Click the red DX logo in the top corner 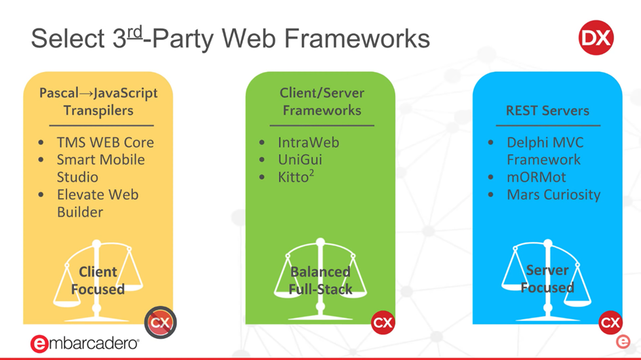click(x=596, y=38)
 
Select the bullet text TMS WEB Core click(x=105, y=142)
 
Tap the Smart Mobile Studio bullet click(x=100, y=168)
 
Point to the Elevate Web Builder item click(x=97, y=203)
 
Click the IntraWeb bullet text click(x=308, y=142)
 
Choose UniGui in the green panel click(x=300, y=160)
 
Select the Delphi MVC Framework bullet click(x=544, y=151)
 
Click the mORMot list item click(x=536, y=178)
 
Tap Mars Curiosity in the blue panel click(x=553, y=195)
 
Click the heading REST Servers click(x=547, y=111)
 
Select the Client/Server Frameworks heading click(x=322, y=101)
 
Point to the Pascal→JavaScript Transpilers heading click(x=98, y=101)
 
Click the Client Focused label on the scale click(x=98, y=280)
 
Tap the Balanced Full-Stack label click(x=320, y=280)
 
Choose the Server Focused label click(x=547, y=279)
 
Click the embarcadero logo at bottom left click(x=85, y=343)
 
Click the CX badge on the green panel click(x=383, y=323)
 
